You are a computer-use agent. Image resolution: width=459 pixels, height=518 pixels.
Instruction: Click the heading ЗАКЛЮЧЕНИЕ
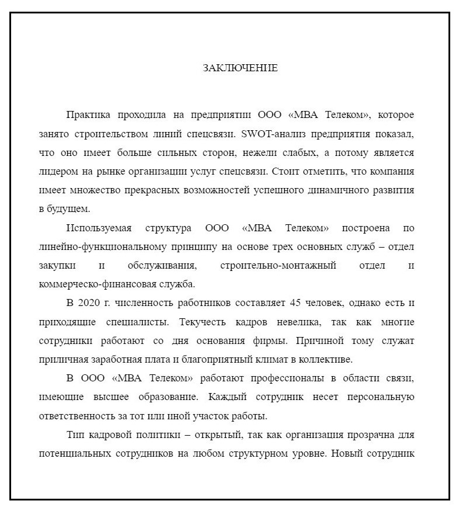[240, 68]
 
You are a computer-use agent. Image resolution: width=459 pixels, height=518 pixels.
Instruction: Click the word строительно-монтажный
[278, 266]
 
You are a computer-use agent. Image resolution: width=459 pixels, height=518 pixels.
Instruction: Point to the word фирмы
[273, 340]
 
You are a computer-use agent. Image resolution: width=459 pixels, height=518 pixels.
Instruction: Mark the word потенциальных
[77, 454]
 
